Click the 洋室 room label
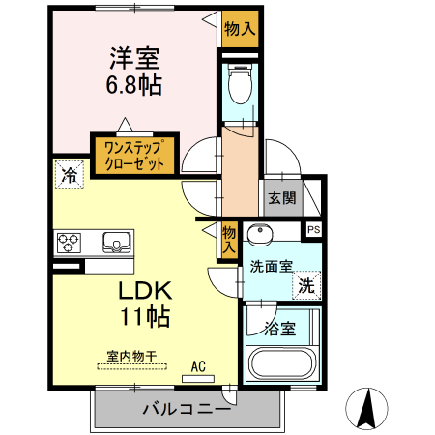pos(133,56)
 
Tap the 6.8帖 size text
pos(133,85)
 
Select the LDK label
pos(145,289)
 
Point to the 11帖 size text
pos(145,315)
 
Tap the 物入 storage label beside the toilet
pos(239,28)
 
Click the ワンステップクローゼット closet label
pos(134,155)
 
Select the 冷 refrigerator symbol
pos(69,175)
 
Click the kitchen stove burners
pos(70,241)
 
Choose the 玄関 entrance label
pos(281,199)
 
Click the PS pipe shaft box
pos(313,229)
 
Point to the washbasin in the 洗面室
pos(259,235)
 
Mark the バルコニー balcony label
pos(187,409)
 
